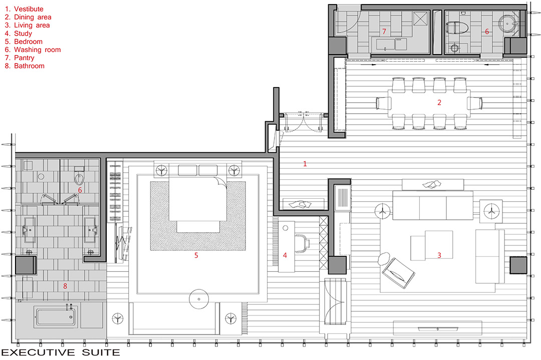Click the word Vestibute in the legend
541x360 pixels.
click(29, 9)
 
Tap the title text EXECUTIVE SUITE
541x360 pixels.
click(61, 352)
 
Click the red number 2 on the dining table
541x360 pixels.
click(439, 103)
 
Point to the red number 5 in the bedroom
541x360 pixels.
click(196, 255)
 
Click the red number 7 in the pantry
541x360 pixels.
click(384, 32)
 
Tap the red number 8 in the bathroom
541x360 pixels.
click(65, 286)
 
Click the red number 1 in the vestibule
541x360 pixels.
click(305, 163)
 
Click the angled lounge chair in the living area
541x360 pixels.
click(398, 273)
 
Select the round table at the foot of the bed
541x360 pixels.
click(199, 298)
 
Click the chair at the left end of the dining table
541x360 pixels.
click(383, 103)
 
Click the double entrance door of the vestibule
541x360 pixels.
click(303, 122)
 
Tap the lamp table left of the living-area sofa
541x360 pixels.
click(382, 211)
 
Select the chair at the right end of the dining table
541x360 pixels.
click(475, 103)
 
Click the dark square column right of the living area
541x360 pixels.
click(518, 265)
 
